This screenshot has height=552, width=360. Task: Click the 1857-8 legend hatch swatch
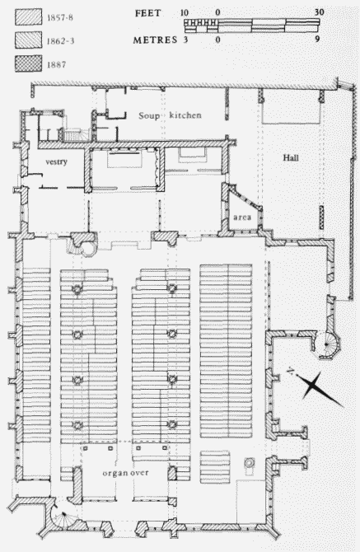point(28,16)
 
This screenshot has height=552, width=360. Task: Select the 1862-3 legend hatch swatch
point(28,40)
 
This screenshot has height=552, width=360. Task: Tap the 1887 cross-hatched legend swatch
point(28,63)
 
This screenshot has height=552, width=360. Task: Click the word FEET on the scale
point(147,13)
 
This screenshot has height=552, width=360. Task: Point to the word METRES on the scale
point(155,40)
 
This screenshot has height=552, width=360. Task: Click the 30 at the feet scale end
point(319,12)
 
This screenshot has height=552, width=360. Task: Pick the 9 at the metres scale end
point(317,39)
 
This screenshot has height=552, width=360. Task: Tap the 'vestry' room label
point(56,162)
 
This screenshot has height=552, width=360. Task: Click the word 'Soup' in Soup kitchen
point(149,116)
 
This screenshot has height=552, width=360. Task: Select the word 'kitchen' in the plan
point(185,115)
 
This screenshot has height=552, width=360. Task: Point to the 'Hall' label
point(291,157)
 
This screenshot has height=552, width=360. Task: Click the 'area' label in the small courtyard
point(242,218)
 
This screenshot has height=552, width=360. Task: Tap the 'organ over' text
point(126,473)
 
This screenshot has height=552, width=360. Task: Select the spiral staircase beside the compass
point(328,344)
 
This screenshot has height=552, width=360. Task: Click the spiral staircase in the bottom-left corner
point(62,515)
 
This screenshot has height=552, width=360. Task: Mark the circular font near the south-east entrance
point(250,462)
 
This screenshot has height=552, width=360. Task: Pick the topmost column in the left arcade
point(77,289)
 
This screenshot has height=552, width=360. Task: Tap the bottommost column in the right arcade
point(171,425)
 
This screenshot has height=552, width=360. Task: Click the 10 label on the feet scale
point(185,13)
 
